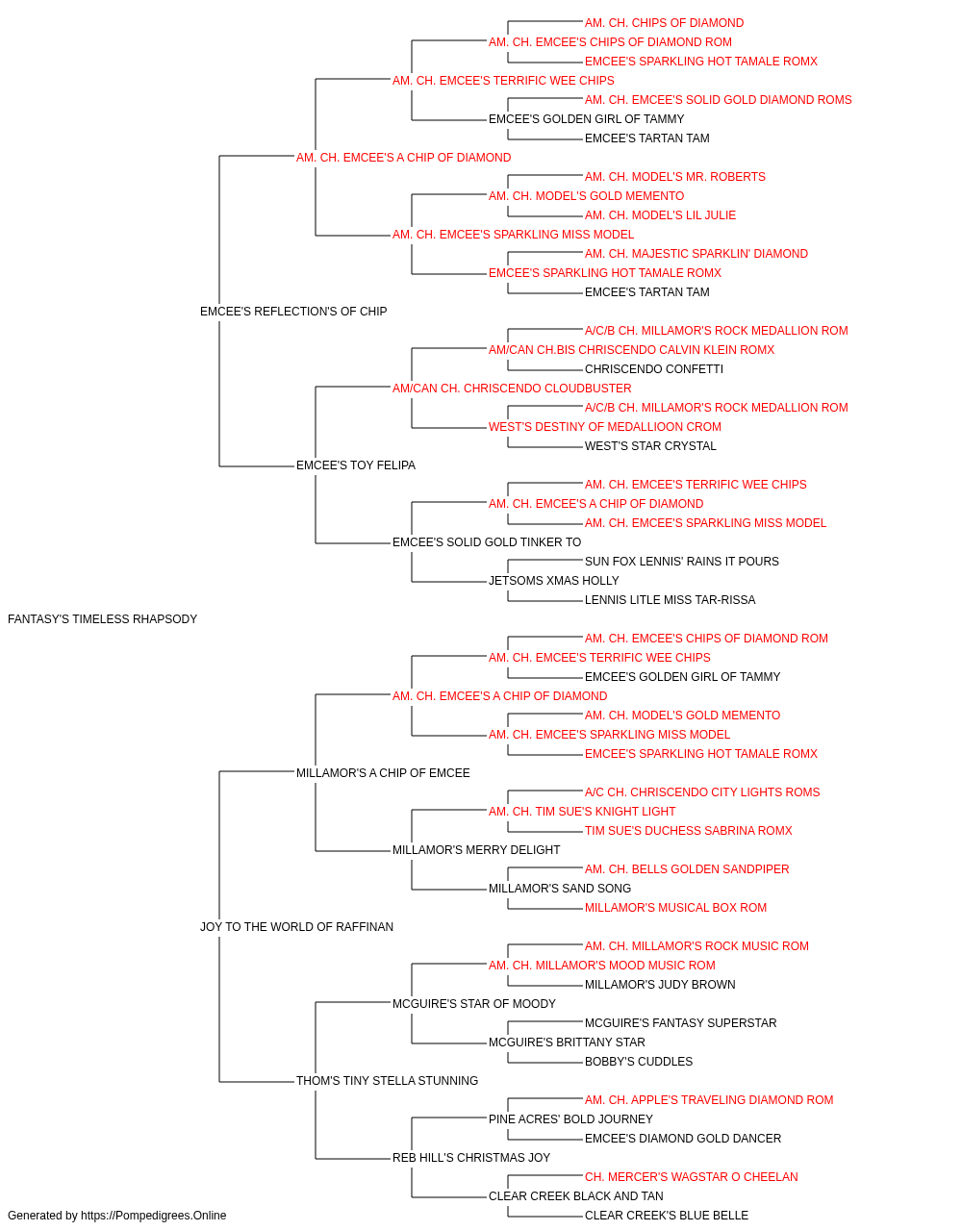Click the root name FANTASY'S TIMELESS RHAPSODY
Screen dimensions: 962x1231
103,619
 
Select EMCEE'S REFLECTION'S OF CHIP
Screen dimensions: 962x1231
293,312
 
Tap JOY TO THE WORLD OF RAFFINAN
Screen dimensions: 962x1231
296,927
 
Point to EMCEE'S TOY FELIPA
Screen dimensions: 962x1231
356,465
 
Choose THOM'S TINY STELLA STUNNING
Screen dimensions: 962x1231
387,1081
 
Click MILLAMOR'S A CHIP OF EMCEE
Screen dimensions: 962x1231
383,773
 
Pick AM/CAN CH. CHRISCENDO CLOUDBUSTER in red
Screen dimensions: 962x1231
512,389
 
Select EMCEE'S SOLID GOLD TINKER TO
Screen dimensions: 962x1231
487,542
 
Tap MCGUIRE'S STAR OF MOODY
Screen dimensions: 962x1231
473,1004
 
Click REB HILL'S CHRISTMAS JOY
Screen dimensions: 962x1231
471,1158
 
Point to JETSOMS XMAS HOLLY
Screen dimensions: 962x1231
553,581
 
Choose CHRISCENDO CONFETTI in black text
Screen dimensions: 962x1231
654,369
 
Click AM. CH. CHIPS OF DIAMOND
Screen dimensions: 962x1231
664,23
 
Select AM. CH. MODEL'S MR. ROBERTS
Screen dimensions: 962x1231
674,177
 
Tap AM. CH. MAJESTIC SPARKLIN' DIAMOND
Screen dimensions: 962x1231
696,254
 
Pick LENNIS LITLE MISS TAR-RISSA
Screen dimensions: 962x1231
670,600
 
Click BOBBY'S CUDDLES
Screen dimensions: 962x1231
639,1062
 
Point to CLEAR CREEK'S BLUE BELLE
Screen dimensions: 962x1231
667,1216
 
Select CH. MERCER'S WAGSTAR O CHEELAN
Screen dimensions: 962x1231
691,1177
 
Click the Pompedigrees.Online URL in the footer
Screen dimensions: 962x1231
154,1216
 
